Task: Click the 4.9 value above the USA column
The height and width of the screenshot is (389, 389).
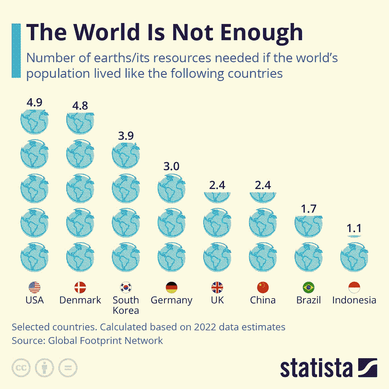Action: tap(34, 103)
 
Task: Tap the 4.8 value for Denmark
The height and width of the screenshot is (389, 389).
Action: tap(80, 106)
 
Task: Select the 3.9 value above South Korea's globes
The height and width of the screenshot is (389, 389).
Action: tap(126, 136)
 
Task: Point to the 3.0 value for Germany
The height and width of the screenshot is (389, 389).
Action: tap(171, 167)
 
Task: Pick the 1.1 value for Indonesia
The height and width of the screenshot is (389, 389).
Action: tap(354, 229)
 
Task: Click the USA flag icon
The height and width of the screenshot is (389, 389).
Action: tap(34, 287)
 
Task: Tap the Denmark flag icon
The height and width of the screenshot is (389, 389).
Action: tap(80, 287)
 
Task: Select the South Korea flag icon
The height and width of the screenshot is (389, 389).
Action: tap(126, 287)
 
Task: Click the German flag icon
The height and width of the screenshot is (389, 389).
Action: tap(171, 287)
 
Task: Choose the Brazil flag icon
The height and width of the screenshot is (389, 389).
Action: tap(308, 287)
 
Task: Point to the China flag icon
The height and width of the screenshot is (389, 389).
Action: tap(263, 287)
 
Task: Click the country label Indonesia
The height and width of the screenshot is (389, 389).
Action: tap(354, 300)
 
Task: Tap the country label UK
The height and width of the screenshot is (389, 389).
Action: tap(217, 300)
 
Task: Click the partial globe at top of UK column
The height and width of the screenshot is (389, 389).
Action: tap(217, 196)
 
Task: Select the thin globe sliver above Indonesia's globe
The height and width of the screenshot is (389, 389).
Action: tap(354, 236)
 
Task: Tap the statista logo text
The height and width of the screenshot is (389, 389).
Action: tap(316, 368)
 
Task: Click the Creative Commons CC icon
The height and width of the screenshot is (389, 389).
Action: tap(21, 368)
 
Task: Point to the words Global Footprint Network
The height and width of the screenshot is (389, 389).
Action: tap(105, 341)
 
